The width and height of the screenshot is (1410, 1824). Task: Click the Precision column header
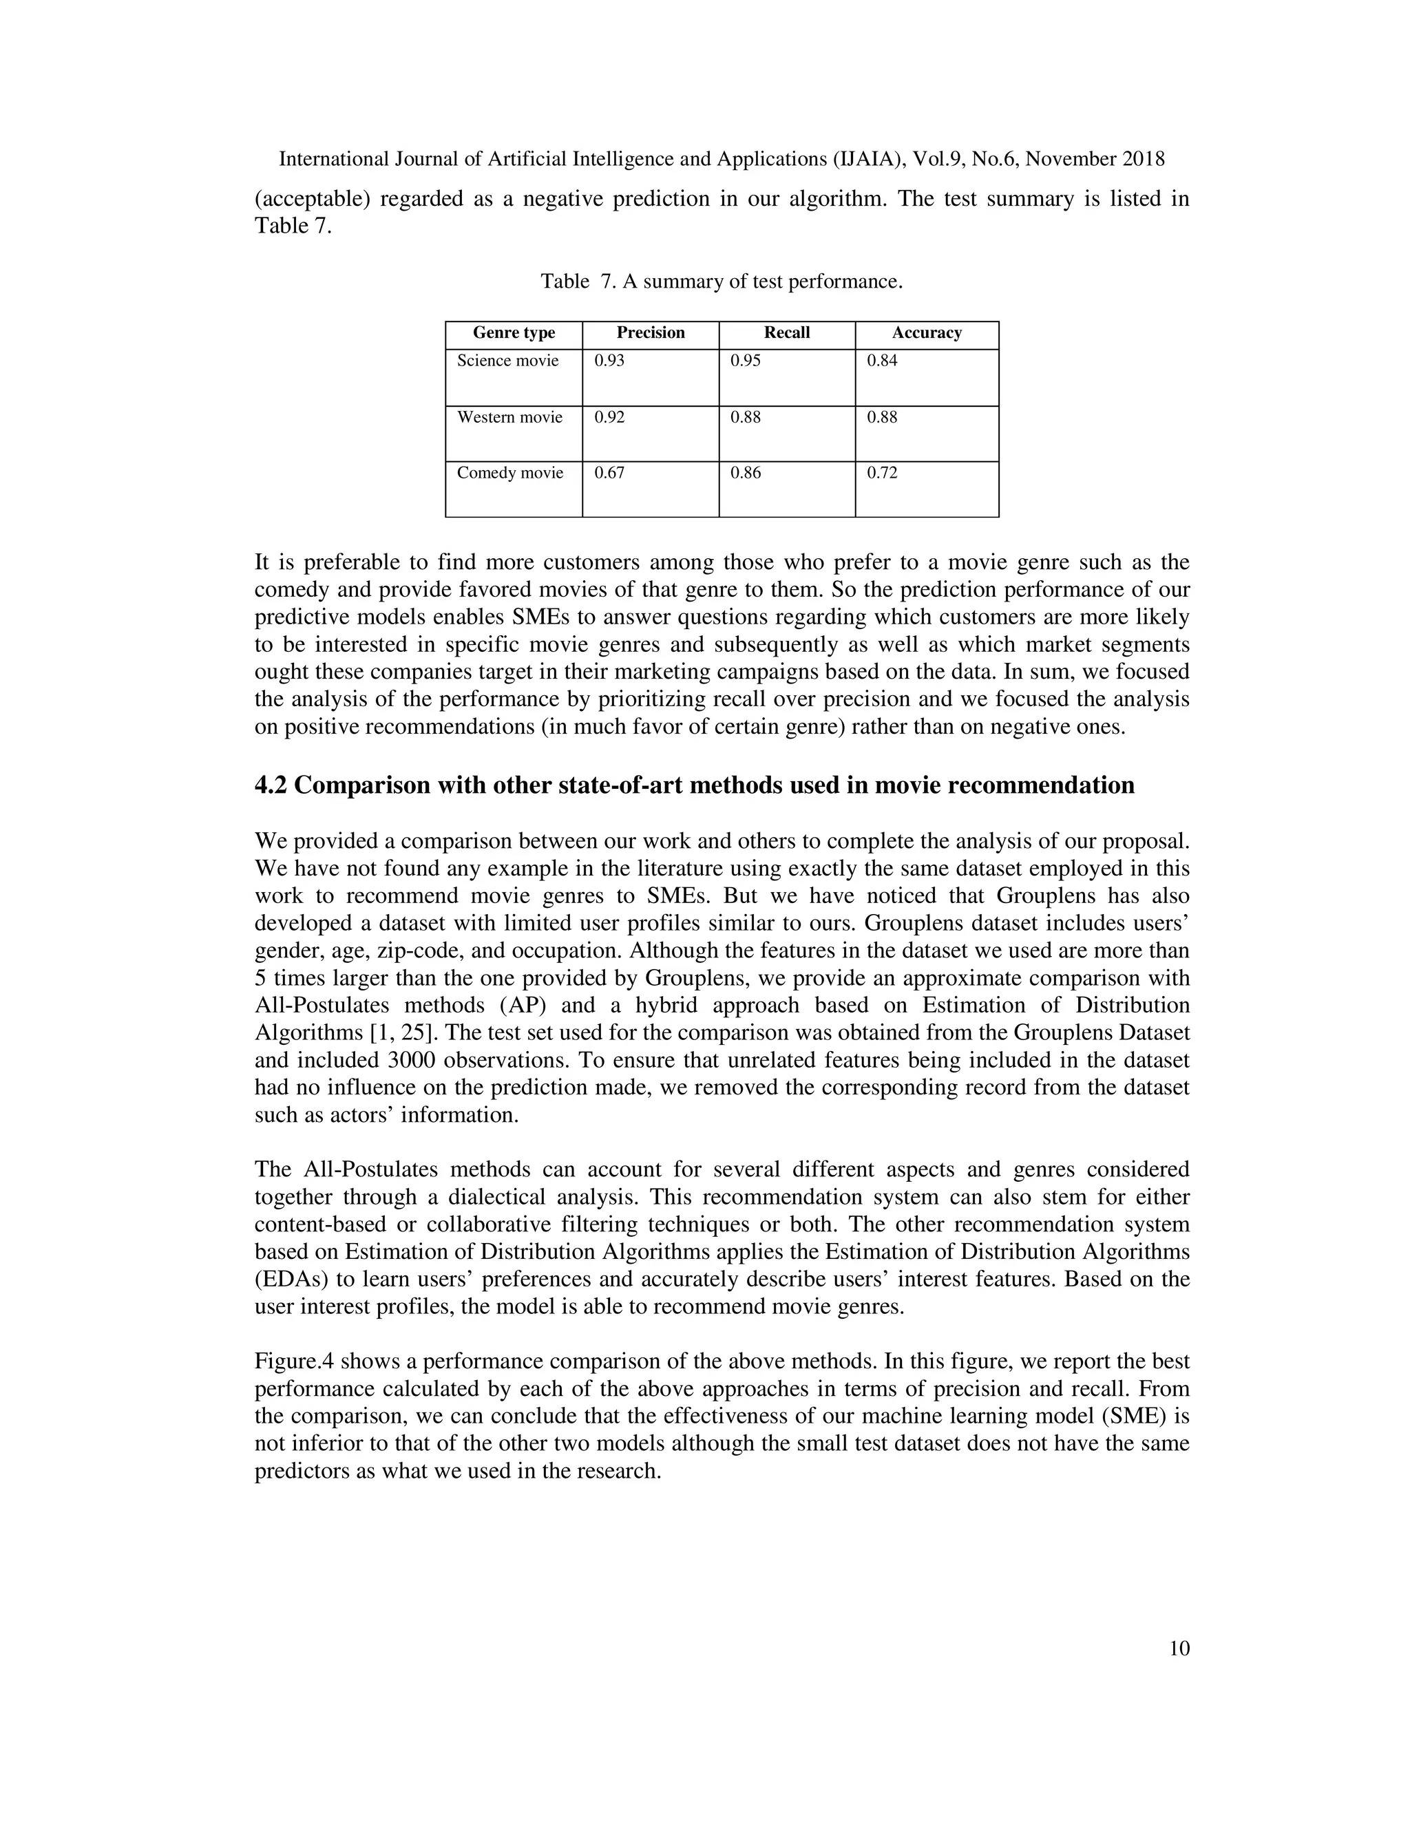(650, 332)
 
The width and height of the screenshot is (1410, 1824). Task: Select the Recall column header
(786, 332)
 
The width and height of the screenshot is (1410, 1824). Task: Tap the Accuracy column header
(927, 332)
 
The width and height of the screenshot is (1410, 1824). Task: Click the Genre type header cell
(514, 332)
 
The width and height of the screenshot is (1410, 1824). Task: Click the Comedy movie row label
(509, 473)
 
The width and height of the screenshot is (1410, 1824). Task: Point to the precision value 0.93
(609, 361)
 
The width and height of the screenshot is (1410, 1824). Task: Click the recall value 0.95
(745, 361)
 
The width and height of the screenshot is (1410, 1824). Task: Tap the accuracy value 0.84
(882, 361)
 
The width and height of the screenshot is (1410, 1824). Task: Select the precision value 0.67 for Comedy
(609, 473)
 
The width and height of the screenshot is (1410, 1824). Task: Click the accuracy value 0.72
(882, 473)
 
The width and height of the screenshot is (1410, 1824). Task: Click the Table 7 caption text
(721, 282)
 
